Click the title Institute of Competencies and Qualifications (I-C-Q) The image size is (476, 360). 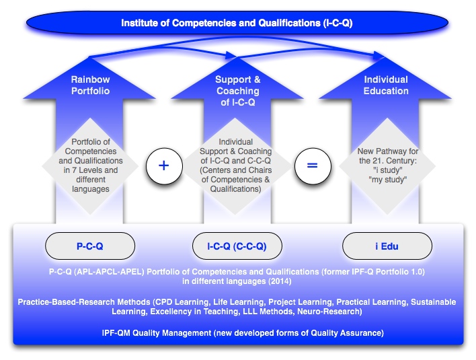[237, 23]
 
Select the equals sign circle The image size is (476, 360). [312, 166]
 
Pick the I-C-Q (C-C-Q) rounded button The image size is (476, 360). [236, 246]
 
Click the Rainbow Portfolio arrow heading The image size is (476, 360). [90, 85]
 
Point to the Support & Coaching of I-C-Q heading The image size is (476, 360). [237, 91]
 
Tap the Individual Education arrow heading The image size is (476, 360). [386, 85]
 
